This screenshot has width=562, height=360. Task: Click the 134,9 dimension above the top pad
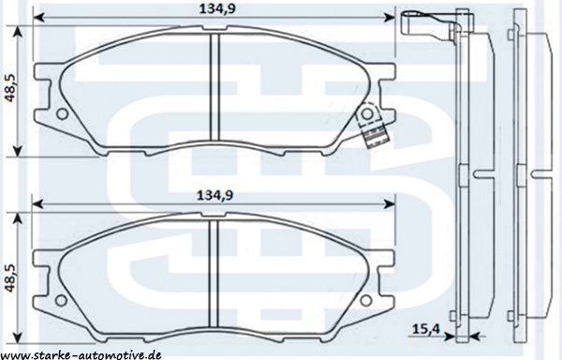pyautogui.click(x=217, y=8)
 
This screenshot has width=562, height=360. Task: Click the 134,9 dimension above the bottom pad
pyautogui.click(x=215, y=195)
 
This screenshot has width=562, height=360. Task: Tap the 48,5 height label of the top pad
pyautogui.click(x=9, y=88)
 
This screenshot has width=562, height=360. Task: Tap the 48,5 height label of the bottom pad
pyautogui.click(x=9, y=277)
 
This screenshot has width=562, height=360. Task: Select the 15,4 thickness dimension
pyautogui.click(x=425, y=328)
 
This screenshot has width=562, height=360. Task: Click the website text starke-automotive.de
pyautogui.click(x=81, y=355)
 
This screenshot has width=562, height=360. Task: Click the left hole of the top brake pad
pyautogui.click(x=63, y=114)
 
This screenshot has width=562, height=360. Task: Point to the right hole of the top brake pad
pyautogui.click(x=366, y=114)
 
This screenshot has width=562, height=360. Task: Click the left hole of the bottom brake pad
pyautogui.click(x=62, y=300)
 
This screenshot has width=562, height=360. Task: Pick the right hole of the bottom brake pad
pyautogui.click(x=366, y=300)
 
